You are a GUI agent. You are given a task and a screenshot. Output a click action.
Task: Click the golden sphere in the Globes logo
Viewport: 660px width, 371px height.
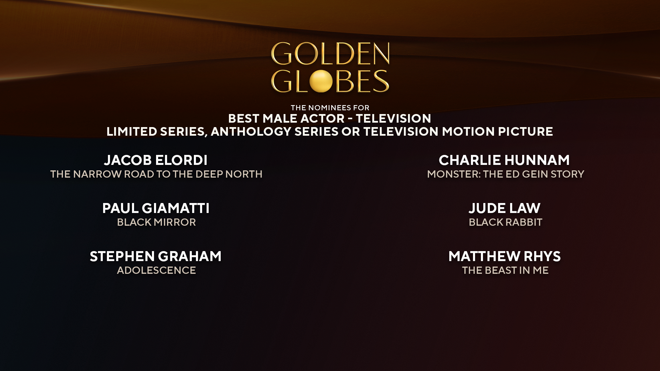321,81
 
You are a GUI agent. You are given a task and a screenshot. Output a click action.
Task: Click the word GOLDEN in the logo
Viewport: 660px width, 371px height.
330,54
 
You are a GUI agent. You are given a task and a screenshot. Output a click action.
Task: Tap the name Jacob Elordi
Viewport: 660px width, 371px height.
156,160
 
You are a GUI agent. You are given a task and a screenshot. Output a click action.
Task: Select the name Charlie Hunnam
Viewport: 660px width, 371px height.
504,160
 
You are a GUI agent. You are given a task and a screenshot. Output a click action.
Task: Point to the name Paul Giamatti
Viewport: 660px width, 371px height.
156,208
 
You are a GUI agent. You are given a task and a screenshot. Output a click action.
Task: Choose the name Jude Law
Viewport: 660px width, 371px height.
504,208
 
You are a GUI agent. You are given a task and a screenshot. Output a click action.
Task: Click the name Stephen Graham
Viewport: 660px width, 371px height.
156,256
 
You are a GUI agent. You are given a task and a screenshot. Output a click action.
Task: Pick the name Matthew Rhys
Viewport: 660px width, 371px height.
504,256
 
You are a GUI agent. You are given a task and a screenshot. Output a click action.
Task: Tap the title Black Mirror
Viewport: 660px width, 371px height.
156,222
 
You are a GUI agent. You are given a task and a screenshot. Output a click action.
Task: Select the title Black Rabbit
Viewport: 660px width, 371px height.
505,222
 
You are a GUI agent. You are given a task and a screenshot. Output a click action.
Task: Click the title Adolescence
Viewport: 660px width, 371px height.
156,270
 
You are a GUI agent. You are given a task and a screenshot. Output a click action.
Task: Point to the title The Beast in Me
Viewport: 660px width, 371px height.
505,270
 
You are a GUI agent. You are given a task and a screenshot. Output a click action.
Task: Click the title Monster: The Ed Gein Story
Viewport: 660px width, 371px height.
505,174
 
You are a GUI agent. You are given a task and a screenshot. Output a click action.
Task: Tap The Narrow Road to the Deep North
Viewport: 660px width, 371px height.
156,174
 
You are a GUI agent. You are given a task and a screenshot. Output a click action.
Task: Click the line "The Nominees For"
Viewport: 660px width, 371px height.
330,108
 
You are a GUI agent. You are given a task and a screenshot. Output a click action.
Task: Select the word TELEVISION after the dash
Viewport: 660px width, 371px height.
393,119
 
